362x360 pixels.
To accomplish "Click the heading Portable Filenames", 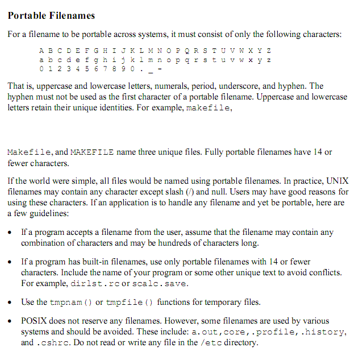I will (x=51, y=15).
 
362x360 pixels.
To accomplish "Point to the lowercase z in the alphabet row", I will (x=268, y=60).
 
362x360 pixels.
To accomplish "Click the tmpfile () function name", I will (x=130, y=302).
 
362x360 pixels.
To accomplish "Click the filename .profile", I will (x=276, y=332).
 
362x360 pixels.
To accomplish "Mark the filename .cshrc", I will (x=53, y=342).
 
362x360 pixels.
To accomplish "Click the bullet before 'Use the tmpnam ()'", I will (x=11, y=302).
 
